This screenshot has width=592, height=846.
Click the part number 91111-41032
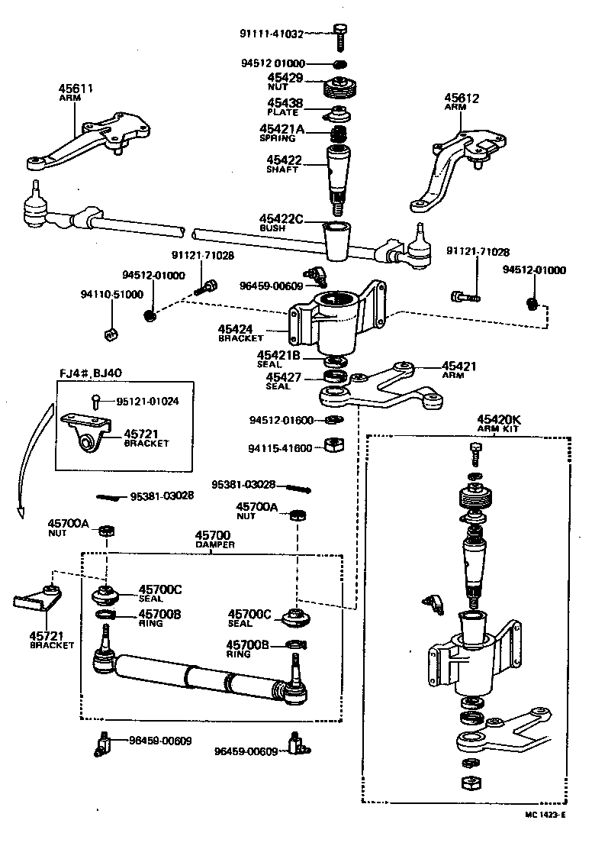[271, 34]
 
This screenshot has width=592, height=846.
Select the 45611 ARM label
[76, 92]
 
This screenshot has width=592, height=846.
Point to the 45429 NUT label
[285, 82]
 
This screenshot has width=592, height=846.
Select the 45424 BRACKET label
[240, 333]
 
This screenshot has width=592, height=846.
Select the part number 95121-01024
[148, 402]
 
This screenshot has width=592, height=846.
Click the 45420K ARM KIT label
[499, 423]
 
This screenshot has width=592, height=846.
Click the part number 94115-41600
[280, 448]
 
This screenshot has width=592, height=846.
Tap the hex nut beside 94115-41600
[332, 444]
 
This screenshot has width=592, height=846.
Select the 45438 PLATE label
[284, 107]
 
